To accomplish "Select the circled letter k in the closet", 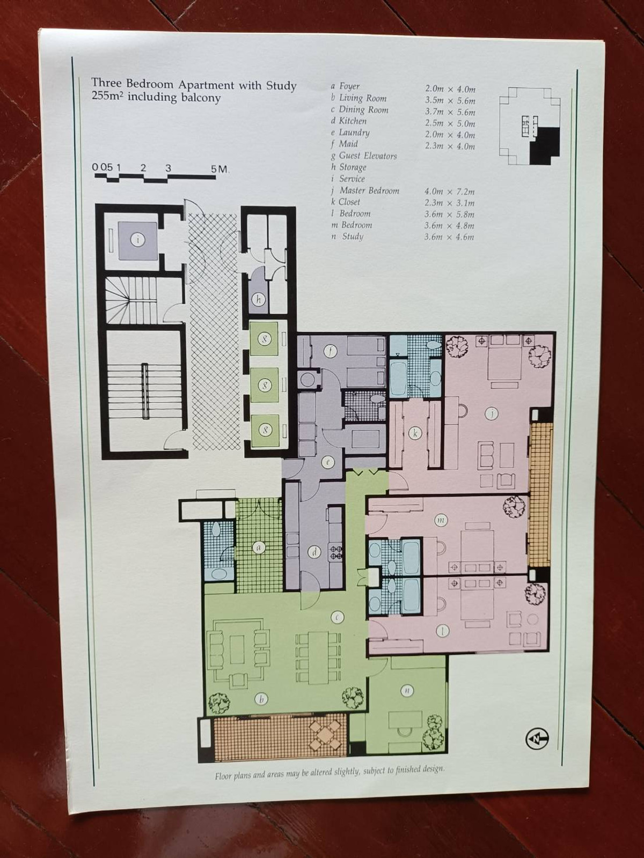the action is (x=415, y=433).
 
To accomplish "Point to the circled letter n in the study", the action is (x=407, y=691).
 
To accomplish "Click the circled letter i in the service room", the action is (x=137, y=239).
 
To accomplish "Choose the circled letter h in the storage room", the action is (x=258, y=300).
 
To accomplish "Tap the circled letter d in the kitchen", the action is (x=314, y=552).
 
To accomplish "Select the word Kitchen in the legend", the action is (x=353, y=121).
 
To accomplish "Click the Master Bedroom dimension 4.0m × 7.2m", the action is (x=450, y=191).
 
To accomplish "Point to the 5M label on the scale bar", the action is (x=219, y=169).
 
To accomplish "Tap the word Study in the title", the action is (x=281, y=85).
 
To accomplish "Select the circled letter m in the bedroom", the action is (x=441, y=520).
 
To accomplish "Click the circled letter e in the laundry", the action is (x=328, y=462).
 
